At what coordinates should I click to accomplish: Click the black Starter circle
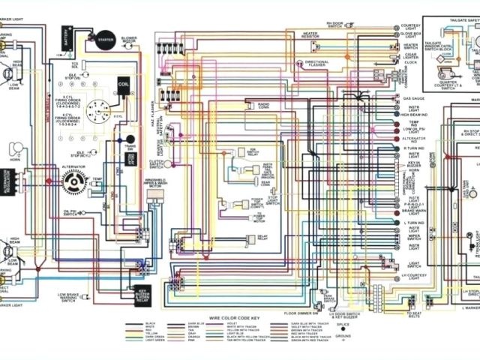point(100,36)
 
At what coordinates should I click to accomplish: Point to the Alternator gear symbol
point(74,181)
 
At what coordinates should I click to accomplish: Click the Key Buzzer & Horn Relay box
point(142,293)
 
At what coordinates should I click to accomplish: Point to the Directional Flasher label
point(317,63)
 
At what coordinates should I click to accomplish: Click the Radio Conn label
point(264,104)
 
